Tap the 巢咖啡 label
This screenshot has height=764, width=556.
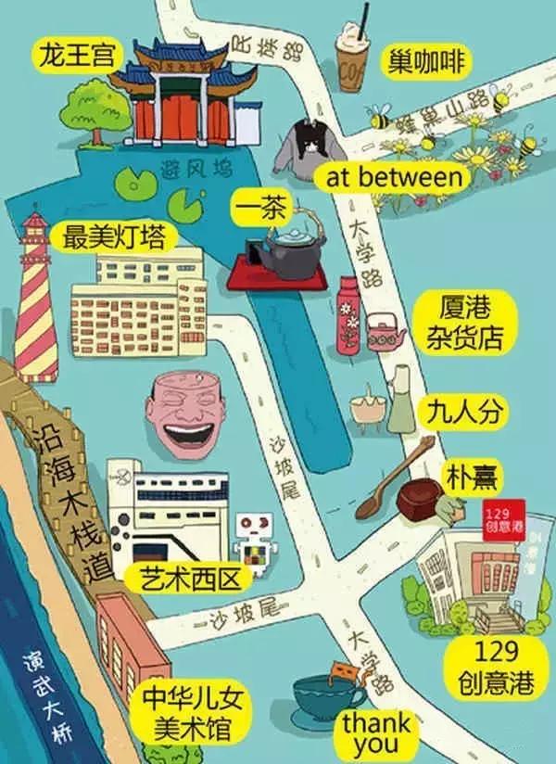tap(426, 62)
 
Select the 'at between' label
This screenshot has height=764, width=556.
tap(394, 177)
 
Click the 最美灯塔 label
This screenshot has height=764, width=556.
tap(114, 236)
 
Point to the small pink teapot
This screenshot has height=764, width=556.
tap(384, 331)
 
